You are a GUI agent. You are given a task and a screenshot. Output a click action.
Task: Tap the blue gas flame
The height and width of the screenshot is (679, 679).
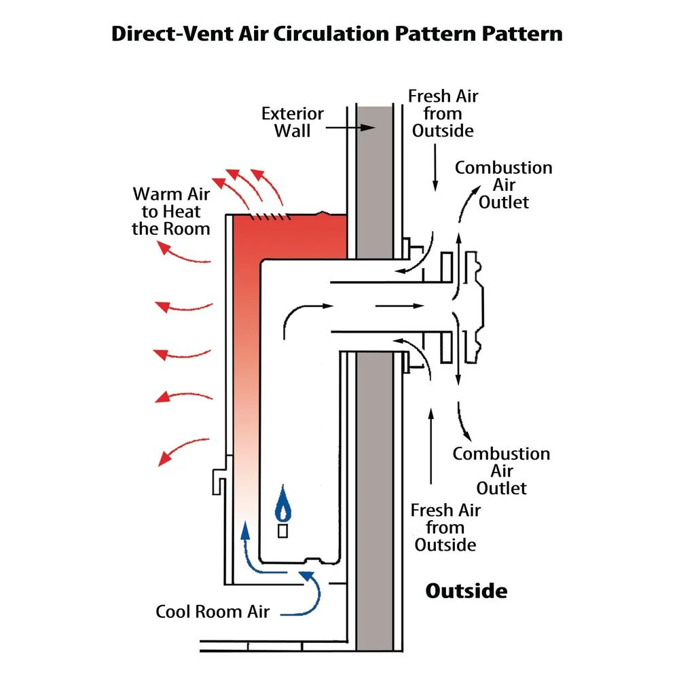[x=282, y=506]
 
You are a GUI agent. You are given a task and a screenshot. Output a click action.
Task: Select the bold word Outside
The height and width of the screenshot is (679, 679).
[x=466, y=590]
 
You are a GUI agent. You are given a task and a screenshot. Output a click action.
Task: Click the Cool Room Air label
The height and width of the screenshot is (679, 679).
[x=213, y=611]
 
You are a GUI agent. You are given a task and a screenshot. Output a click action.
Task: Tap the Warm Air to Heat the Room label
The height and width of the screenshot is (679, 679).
[x=171, y=211]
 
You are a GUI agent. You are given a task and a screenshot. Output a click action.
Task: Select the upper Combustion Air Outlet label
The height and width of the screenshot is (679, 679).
[x=503, y=185]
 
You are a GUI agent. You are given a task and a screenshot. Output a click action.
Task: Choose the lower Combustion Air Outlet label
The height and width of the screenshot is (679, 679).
[x=501, y=471]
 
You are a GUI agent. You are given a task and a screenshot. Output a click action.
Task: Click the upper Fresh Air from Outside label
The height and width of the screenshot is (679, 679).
[x=443, y=113]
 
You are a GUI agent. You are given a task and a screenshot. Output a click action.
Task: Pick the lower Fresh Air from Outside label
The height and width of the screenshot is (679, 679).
[x=445, y=527]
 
